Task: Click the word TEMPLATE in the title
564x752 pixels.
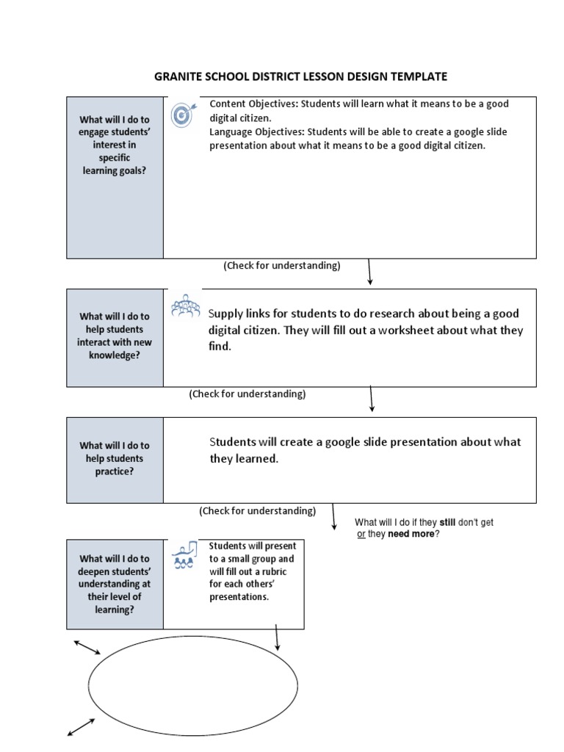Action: [418, 76]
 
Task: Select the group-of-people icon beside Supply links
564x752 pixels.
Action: [184, 307]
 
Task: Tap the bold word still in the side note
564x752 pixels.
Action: [448, 522]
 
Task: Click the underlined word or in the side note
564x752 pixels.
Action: [361, 534]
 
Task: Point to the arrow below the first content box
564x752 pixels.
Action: [369, 272]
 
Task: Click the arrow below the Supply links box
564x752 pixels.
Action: [372, 399]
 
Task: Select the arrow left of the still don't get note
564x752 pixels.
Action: [334, 516]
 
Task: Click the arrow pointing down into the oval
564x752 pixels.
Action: [278, 637]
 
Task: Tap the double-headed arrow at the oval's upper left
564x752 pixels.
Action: [87, 647]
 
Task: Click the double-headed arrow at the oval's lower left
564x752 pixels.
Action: [81, 727]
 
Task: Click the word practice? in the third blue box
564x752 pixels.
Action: [114, 471]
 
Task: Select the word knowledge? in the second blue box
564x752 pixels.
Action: [114, 355]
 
